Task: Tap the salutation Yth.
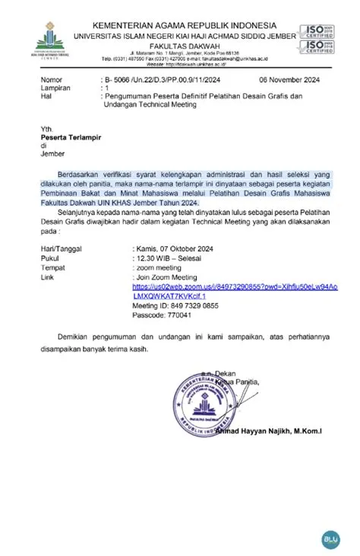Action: coord(48,129)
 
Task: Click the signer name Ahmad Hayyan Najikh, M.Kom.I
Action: coord(268,432)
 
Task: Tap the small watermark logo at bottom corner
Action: coord(332,539)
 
